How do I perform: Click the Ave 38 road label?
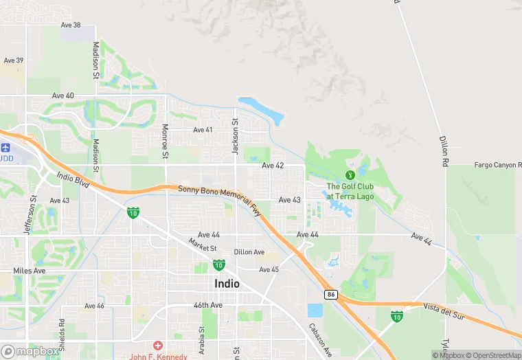pos(71,25)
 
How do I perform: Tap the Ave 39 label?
pos(14,60)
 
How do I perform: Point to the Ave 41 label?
pos(203,130)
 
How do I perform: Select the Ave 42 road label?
pos(273,166)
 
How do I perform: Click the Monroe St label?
pos(165,141)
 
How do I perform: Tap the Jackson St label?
pos(235,135)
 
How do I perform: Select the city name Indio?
pos(227,283)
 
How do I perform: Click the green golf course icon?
pos(350,175)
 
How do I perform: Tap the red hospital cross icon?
pos(158,345)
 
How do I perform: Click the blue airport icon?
pos(6,148)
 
